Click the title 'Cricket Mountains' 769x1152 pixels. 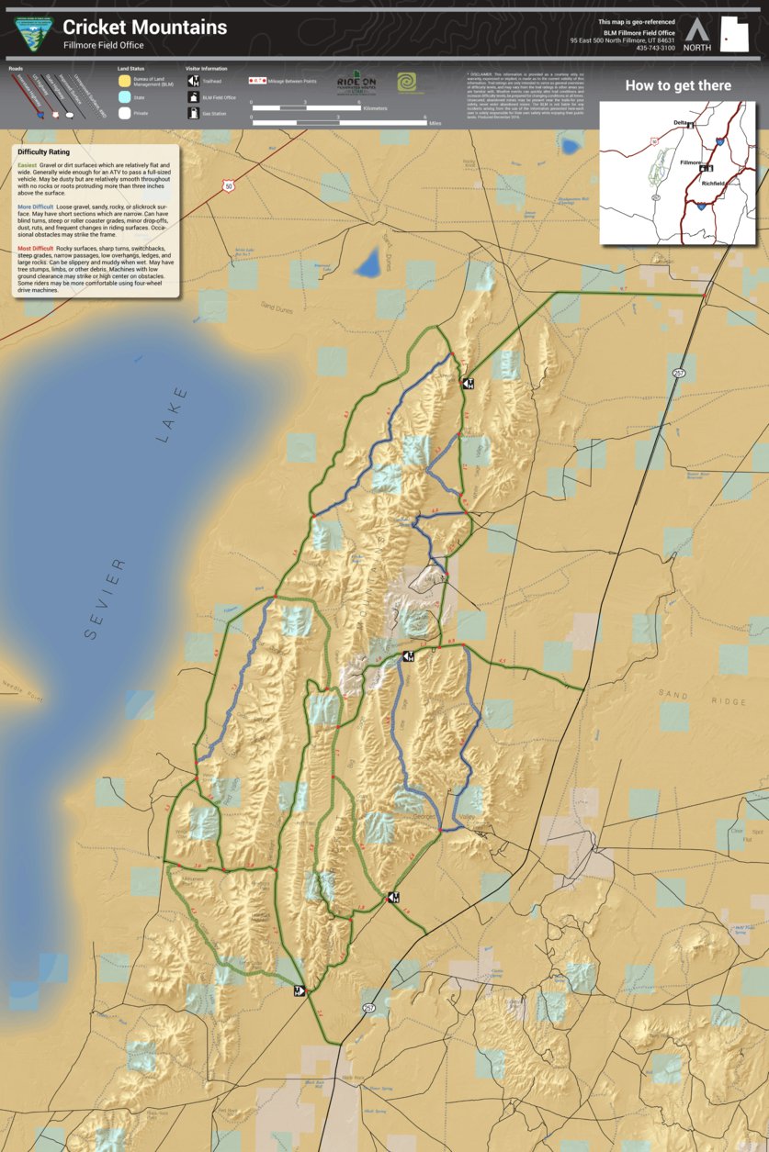click(x=144, y=28)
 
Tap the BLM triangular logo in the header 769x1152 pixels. click(x=34, y=35)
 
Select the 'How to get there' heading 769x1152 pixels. click(x=678, y=86)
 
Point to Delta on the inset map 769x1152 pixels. click(x=681, y=122)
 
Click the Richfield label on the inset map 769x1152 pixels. click(x=713, y=184)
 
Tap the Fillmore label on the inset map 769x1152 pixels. click(x=691, y=162)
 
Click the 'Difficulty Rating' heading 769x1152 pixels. click(x=43, y=152)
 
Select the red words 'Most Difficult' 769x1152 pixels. click(x=36, y=249)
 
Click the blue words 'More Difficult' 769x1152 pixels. click(x=36, y=207)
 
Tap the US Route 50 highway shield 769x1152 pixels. click(x=227, y=186)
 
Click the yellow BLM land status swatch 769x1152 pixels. click(x=124, y=80)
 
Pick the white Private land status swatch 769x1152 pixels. click(x=124, y=114)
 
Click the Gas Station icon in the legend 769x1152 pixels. click(x=194, y=114)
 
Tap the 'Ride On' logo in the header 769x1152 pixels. click(x=356, y=83)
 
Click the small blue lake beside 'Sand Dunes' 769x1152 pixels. click(x=370, y=264)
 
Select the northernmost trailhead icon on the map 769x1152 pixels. click(x=468, y=382)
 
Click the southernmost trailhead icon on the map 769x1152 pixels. click(x=299, y=990)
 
